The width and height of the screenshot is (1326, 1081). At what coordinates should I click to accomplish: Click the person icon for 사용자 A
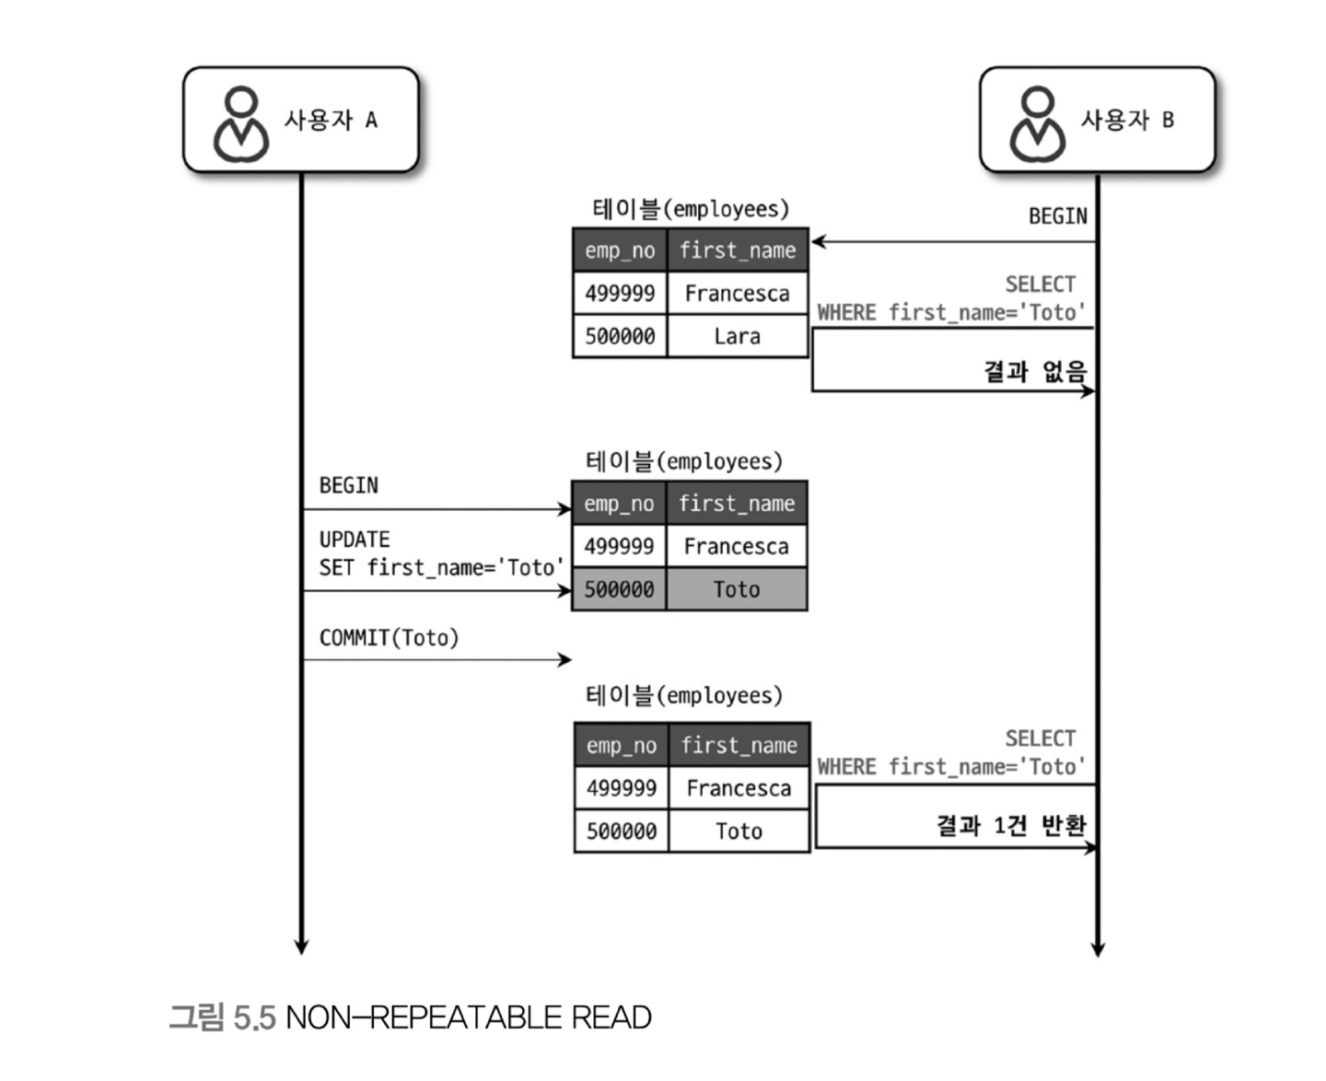[241, 124]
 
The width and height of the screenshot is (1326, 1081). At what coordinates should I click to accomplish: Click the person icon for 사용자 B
[1038, 124]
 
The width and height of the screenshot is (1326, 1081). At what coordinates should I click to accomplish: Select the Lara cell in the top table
[737, 336]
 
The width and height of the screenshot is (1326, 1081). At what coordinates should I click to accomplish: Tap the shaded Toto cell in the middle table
[737, 589]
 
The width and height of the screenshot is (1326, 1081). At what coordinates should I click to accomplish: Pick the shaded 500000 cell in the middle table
[619, 589]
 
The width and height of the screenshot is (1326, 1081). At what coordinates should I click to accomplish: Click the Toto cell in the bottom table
[739, 831]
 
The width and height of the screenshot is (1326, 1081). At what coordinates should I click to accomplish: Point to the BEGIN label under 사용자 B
[1057, 216]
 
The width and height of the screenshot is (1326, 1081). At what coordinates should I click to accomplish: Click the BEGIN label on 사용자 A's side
[348, 485]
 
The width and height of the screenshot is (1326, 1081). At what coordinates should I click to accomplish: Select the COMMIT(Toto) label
[389, 638]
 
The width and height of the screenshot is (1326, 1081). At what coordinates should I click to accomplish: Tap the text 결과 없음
[1035, 371]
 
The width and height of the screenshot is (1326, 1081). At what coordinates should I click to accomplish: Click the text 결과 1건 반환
[1011, 825]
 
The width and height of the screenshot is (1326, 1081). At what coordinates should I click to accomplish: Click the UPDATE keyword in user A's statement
[355, 540]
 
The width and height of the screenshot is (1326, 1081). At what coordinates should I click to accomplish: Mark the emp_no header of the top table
[620, 250]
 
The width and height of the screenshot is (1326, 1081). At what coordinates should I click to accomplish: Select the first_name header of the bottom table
[739, 745]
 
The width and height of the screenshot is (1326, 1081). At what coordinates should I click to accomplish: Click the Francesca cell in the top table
[737, 294]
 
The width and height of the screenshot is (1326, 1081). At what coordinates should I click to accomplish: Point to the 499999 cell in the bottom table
[622, 788]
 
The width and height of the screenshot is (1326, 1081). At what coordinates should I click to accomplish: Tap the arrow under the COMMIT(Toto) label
[436, 659]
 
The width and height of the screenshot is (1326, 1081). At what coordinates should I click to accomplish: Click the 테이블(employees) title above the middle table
[683, 461]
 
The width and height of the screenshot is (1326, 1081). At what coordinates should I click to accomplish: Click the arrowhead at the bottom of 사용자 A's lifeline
[301, 947]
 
